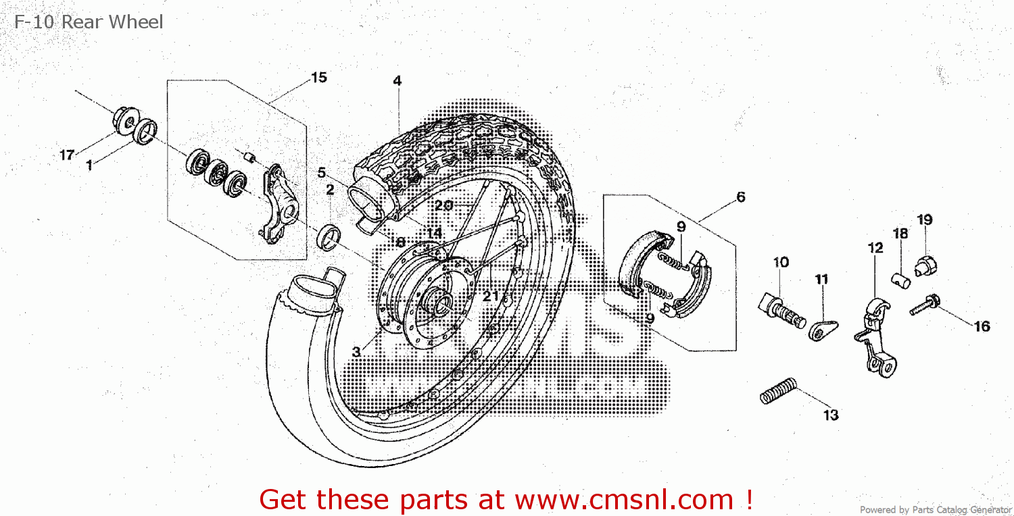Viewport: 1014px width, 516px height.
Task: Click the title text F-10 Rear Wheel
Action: coord(89,22)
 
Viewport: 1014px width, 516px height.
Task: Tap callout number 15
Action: coord(318,77)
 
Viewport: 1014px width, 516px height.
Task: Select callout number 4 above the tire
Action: coord(397,80)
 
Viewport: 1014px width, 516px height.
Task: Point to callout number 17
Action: coord(66,155)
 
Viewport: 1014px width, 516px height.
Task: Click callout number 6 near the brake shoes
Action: coord(741,197)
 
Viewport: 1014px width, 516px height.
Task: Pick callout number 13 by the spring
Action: coord(831,415)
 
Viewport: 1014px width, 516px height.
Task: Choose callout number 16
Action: coord(982,326)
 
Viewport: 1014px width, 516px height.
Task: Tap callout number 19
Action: coord(925,220)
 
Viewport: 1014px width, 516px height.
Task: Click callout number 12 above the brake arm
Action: coord(875,248)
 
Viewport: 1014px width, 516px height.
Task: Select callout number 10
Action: coord(781,262)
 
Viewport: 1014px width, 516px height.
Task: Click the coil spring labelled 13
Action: coord(778,391)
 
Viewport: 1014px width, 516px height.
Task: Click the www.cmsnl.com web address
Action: coord(624,500)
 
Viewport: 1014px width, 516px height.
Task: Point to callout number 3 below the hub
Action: coord(356,352)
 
